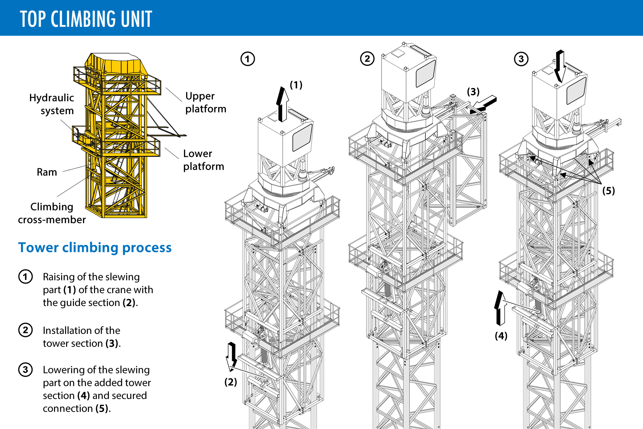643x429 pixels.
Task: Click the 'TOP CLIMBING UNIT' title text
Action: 86,19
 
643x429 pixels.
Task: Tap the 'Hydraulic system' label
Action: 52,104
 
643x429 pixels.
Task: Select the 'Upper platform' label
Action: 205,102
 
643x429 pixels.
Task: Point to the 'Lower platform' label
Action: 203,160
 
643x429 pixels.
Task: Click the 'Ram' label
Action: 47,172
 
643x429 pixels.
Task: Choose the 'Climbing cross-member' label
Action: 52,213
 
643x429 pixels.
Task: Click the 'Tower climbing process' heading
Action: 95,247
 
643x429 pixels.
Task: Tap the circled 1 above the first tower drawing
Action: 248,59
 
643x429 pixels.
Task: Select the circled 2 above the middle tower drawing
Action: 367,59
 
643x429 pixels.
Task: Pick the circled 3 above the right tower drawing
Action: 521,59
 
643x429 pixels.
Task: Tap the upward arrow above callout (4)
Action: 500,308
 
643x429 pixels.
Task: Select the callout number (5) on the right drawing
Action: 608,191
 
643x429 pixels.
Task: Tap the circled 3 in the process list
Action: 25,370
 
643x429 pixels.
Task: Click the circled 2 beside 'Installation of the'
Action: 25,330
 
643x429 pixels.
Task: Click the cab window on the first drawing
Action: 302,138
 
